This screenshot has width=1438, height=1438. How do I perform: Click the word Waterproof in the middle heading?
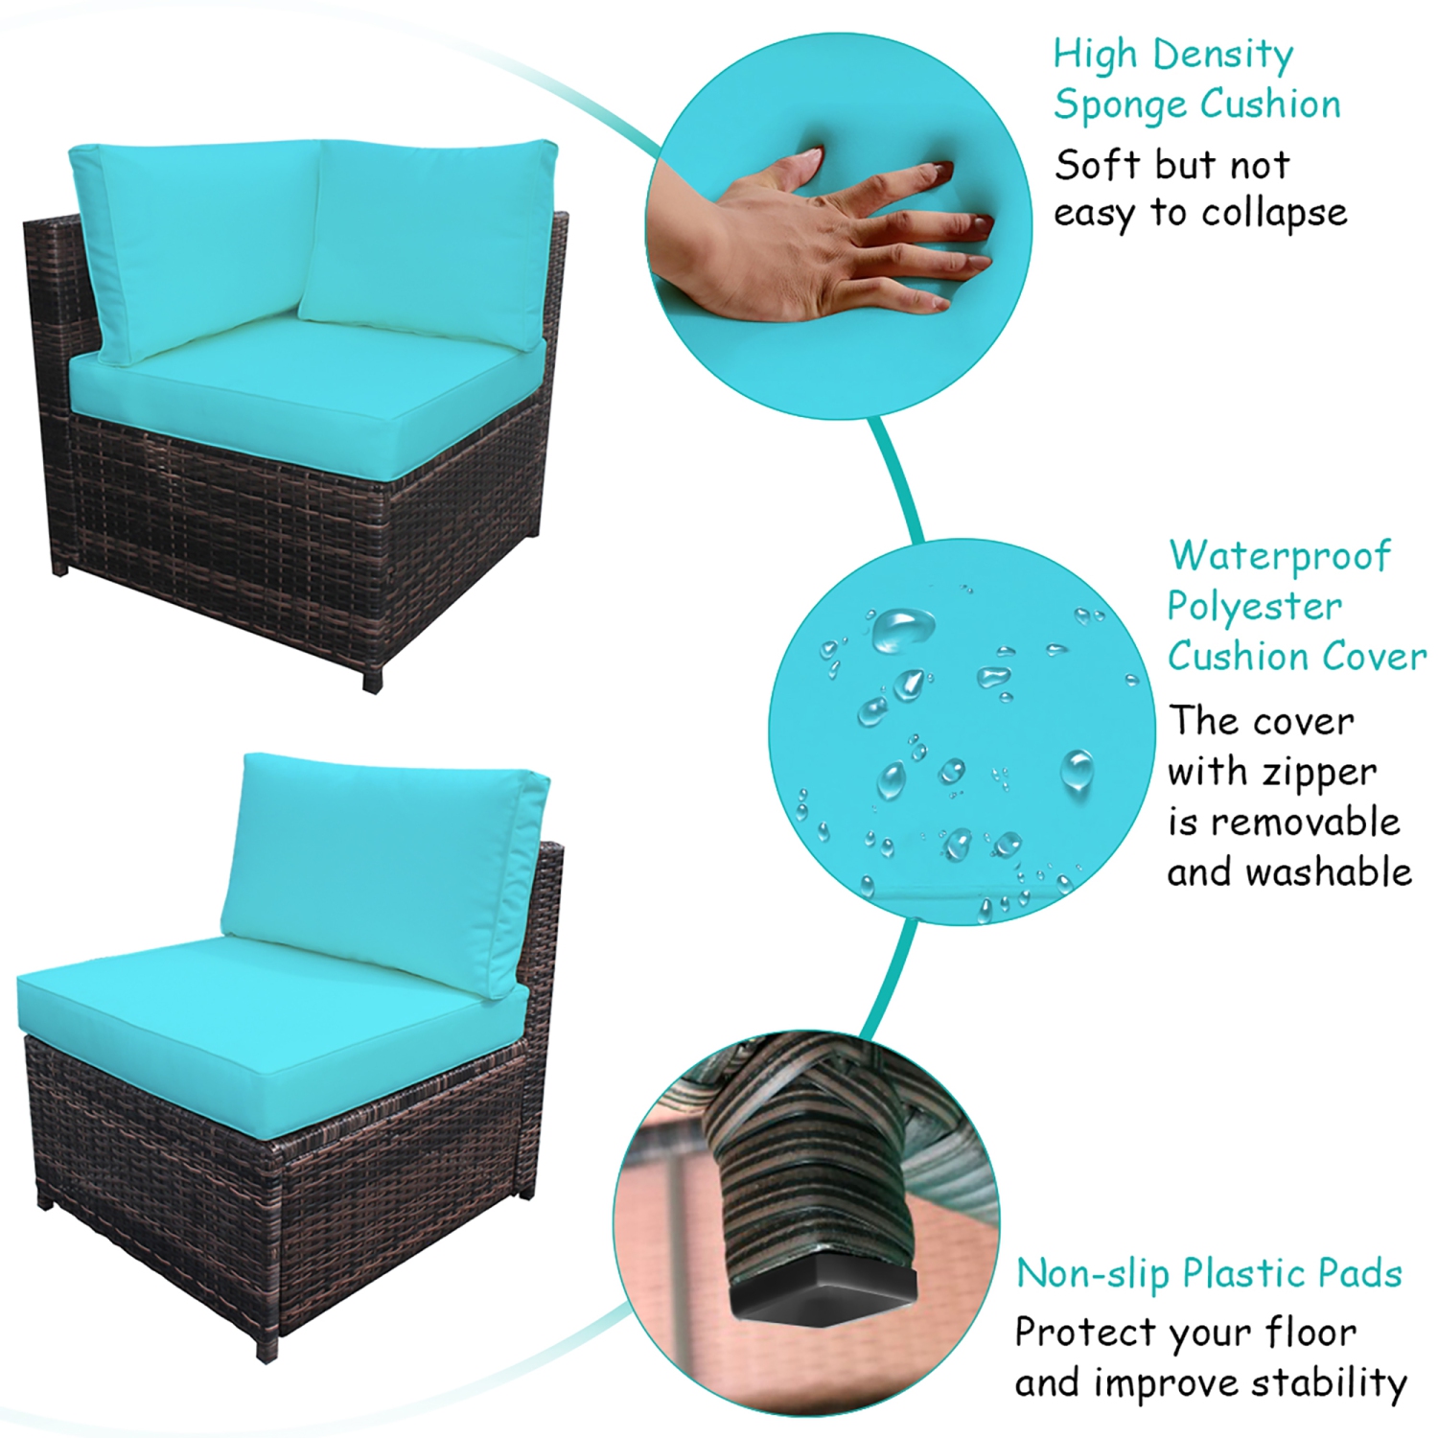point(1279,556)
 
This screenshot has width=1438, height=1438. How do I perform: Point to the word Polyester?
point(1254,608)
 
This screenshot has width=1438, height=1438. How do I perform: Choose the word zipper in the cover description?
point(1319,773)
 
